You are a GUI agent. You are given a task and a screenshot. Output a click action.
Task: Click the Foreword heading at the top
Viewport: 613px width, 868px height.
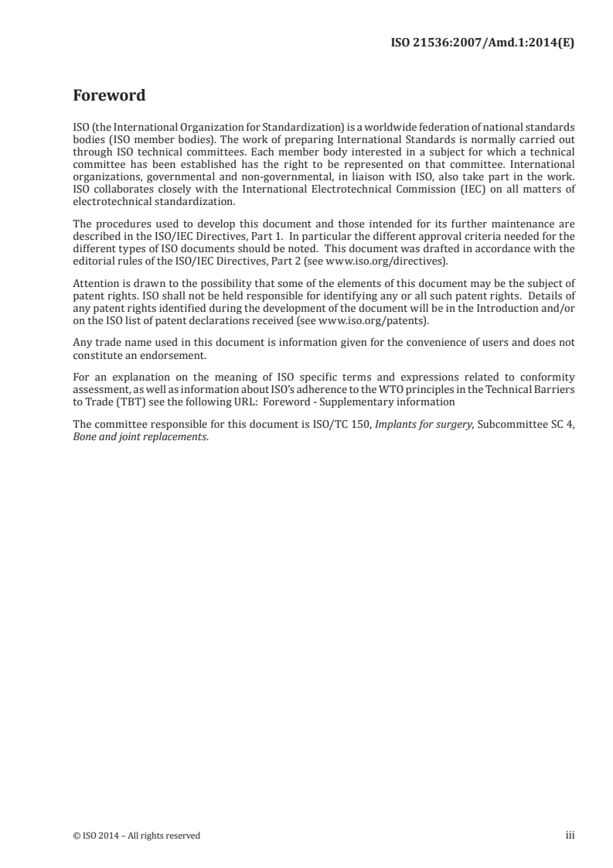tap(108, 97)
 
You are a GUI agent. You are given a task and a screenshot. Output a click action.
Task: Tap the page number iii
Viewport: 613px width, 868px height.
tap(570, 836)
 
